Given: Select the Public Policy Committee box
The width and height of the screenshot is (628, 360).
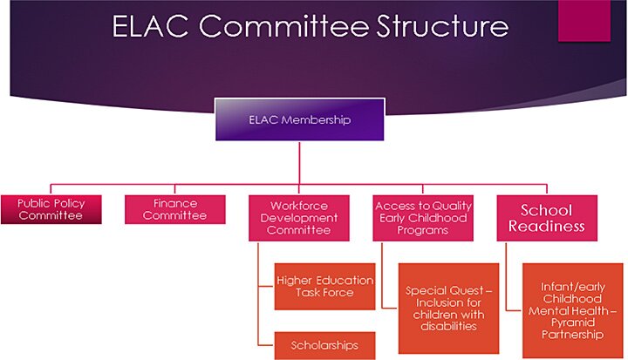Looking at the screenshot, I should (51, 209).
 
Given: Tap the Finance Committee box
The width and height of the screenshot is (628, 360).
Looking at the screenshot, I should (174, 209).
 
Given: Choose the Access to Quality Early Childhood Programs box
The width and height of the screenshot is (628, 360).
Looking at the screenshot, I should (421, 218).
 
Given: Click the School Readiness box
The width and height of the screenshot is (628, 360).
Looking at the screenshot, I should (546, 218).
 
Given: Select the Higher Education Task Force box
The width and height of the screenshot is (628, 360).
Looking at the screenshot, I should (324, 286).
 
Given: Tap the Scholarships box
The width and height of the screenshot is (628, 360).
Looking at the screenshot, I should (324, 345).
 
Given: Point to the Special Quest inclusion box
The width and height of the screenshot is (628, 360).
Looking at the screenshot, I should (447, 308).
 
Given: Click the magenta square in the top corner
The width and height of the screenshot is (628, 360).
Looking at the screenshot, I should (584, 19).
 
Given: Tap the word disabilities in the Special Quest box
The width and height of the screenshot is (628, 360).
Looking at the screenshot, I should (447, 326).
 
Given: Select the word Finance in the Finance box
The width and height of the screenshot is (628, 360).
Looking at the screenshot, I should (174, 203).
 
